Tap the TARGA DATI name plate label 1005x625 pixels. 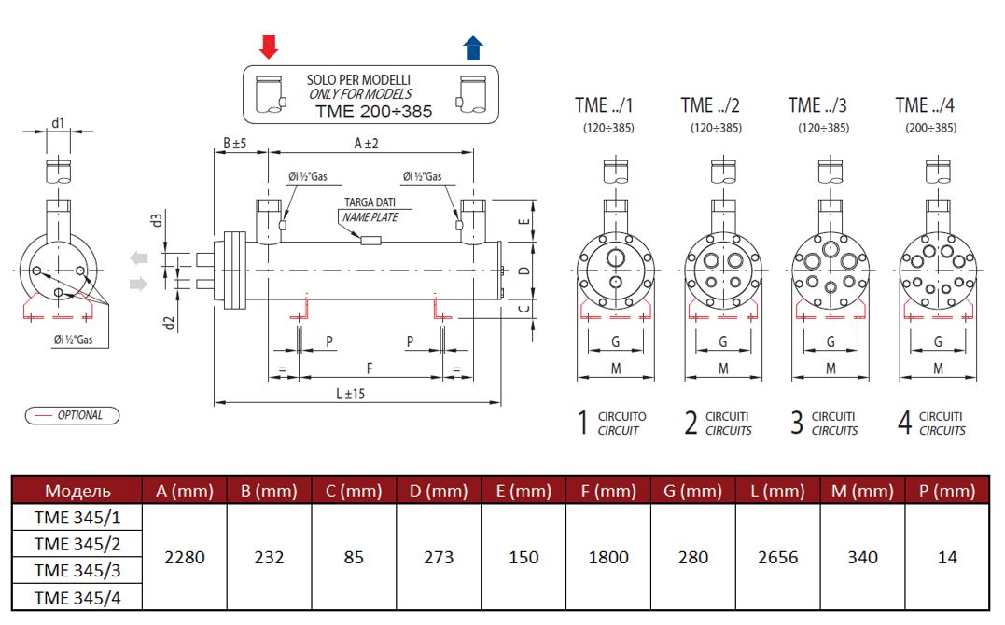click(370, 201)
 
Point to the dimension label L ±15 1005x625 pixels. click(350, 393)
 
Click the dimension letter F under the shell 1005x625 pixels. click(370, 368)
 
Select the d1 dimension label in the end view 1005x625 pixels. click(58, 122)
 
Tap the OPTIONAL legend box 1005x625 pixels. click(72, 415)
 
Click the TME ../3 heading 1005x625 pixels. click(817, 105)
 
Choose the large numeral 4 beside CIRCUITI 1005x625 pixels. click(904, 423)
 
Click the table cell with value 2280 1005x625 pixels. click(184, 557)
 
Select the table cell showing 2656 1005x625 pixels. click(777, 557)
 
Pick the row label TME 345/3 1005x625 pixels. click(77, 570)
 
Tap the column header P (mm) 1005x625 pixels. click(947, 491)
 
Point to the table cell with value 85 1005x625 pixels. click(354, 557)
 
